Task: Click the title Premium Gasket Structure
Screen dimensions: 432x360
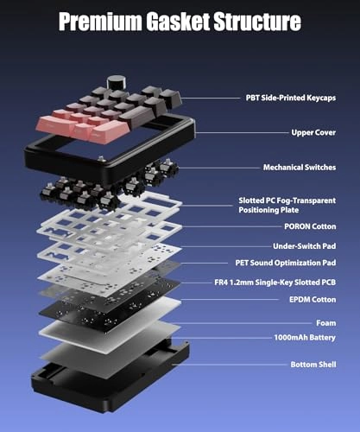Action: click(x=180, y=22)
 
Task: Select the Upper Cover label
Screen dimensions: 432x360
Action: click(x=313, y=133)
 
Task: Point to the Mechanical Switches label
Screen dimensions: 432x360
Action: click(x=300, y=167)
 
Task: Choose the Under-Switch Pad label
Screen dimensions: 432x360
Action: click(x=303, y=245)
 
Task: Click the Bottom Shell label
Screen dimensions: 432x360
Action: click(x=313, y=365)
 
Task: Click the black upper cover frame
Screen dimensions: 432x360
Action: click(x=52, y=164)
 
